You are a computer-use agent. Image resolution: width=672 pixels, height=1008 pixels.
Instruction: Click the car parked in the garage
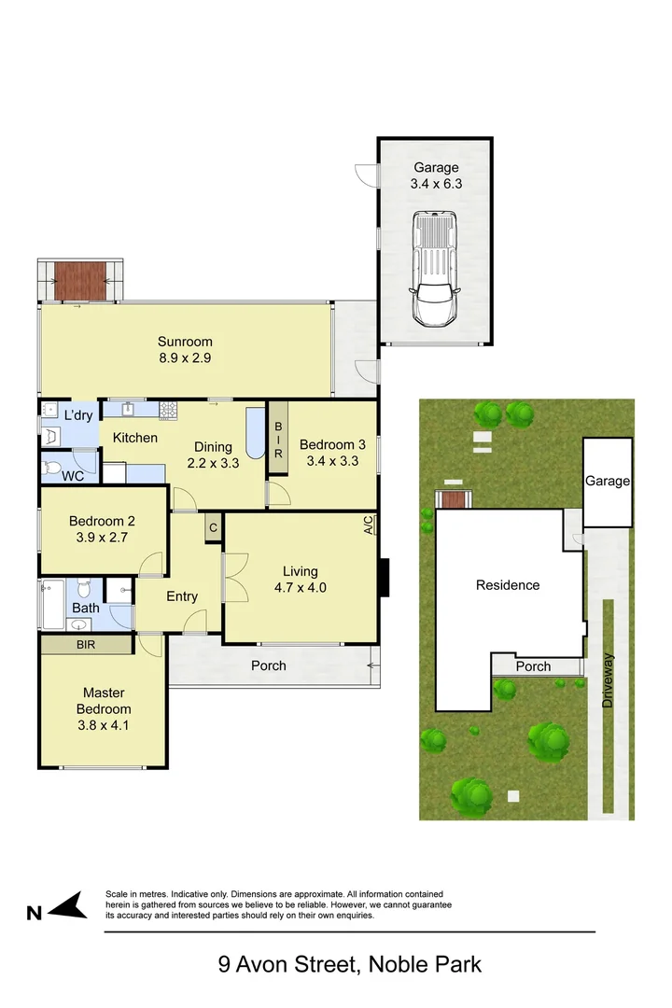click(x=436, y=269)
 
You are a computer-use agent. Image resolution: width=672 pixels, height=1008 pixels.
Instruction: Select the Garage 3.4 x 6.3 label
click(x=436, y=176)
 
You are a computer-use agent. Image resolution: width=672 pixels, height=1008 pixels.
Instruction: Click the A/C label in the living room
click(x=369, y=526)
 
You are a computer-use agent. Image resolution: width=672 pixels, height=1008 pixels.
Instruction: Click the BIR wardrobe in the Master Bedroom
click(x=85, y=644)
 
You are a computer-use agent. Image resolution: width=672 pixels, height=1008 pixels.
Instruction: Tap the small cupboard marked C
click(x=213, y=527)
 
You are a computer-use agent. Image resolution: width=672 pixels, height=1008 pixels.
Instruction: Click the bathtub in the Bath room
click(x=51, y=595)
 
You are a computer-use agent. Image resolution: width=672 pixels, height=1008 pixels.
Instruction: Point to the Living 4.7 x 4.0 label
click(x=301, y=580)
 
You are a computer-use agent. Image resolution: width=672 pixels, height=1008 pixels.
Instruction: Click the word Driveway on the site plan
click(x=609, y=679)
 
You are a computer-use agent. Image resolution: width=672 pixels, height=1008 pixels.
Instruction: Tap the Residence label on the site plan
click(x=508, y=585)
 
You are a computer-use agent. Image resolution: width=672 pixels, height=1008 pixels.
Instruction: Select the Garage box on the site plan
click(x=608, y=482)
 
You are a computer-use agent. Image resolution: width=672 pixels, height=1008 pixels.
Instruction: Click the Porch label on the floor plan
click(x=269, y=665)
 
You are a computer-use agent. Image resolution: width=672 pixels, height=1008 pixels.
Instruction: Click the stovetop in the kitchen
click(x=168, y=408)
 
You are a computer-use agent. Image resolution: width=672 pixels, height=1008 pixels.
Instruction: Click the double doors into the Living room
click(x=229, y=578)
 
